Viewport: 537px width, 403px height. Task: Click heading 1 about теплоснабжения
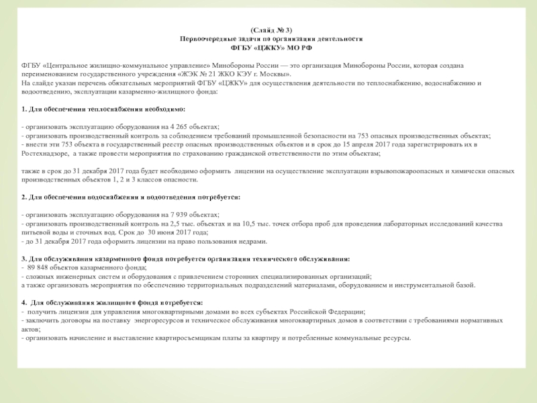point(103,108)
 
